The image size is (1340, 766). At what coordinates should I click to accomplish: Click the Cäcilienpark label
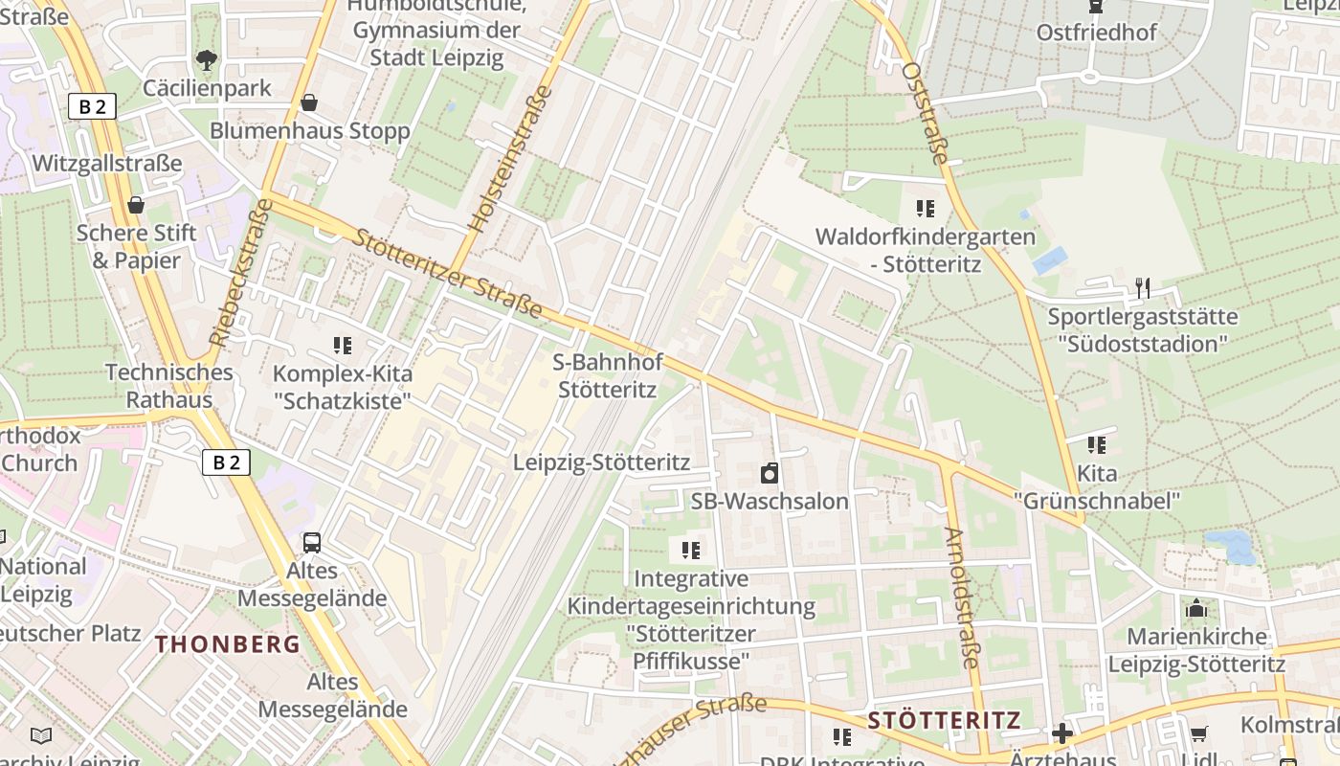click(207, 88)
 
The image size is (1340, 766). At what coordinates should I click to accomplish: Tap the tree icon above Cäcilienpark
click(206, 60)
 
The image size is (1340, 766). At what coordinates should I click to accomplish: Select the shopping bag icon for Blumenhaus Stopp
click(309, 102)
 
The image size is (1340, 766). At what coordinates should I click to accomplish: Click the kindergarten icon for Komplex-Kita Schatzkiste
click(342, 346)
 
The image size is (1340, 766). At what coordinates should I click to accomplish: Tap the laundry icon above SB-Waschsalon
click(769, 473)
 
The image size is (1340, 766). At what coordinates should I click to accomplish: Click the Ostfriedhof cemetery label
click(1096, 33)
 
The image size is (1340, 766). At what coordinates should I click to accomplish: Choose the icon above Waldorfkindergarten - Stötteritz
click(925, 209)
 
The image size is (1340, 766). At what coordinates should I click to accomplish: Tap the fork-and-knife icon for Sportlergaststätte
click(1141, 287)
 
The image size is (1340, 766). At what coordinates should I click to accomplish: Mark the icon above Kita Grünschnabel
click(1096, 445)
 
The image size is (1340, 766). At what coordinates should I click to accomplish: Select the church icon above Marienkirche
click(1195, 609)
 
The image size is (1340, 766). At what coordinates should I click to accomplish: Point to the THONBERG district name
click(228, 644)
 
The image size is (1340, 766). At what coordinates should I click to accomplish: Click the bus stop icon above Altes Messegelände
click(312, 543)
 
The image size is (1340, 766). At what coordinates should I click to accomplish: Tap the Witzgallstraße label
click(106, 164)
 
